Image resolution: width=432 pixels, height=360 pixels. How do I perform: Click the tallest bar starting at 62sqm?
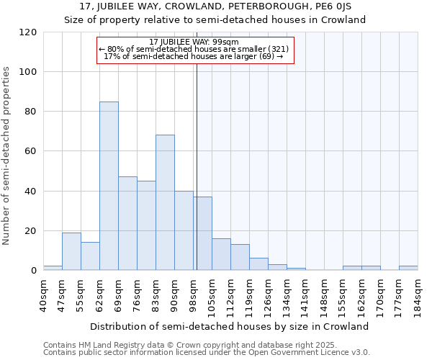tap(109, 186)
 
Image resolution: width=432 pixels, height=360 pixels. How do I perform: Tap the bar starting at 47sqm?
tap(71, 251)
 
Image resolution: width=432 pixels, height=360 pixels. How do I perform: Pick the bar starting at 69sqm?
tap(127, 223)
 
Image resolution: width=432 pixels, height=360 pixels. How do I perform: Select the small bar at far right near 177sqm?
tap(408, 268)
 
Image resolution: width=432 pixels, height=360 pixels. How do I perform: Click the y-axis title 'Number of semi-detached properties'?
tap(6, 156)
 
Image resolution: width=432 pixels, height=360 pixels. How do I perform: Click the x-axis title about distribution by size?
tap(230, 326)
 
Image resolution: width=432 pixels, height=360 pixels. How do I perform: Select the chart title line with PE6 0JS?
tap(215, 6)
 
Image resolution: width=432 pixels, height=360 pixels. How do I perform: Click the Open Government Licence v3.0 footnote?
tap(207, 353)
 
